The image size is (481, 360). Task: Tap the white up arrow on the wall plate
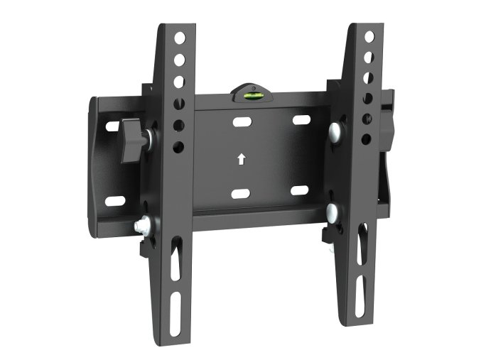click(x=242, y=159)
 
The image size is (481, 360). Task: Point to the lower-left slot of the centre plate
click(x=240, y=194)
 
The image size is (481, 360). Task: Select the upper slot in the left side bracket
click(x=112, y=127)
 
